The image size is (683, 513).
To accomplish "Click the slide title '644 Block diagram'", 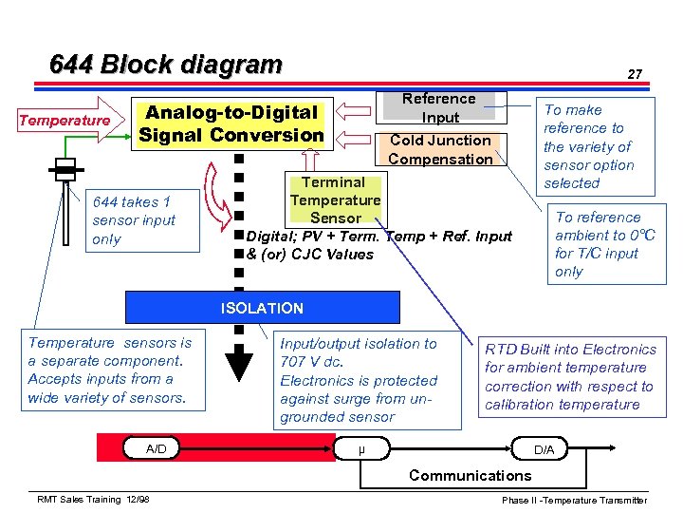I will click(x=166, y=65).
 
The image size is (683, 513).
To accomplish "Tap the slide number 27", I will click(x=635, y=73).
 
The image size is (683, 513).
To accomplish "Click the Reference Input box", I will click(x=439, y=107).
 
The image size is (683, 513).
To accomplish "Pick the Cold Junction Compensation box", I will click(x=440, y=149).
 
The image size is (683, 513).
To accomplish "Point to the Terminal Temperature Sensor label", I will click(x=335, y=199).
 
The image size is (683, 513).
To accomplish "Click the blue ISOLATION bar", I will click(x=262, y=308).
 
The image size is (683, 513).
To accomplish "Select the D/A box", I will click(x=544, y=448).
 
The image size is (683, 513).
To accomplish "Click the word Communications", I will click(x=470, y=475).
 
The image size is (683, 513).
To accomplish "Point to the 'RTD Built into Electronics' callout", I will click(x=572, y=377).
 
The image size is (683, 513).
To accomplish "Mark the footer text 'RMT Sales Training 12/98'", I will click(x=93, y=500).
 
